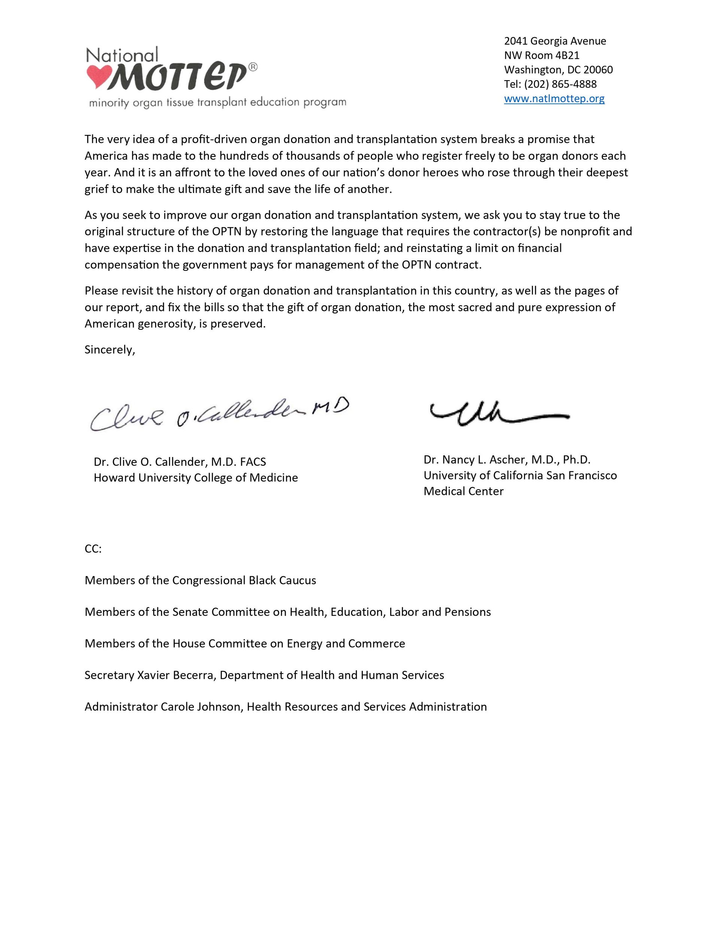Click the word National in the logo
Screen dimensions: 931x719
(122, 55)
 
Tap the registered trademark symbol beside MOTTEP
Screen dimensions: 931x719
(253, 67)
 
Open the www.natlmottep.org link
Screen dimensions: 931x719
(554, 99)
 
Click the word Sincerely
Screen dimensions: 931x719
(109, 350)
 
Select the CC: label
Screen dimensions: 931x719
(93, 548)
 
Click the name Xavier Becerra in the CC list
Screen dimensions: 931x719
(176, 675)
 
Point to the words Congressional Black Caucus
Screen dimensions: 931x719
(244, 581)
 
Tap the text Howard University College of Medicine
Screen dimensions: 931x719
(195, 478)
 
